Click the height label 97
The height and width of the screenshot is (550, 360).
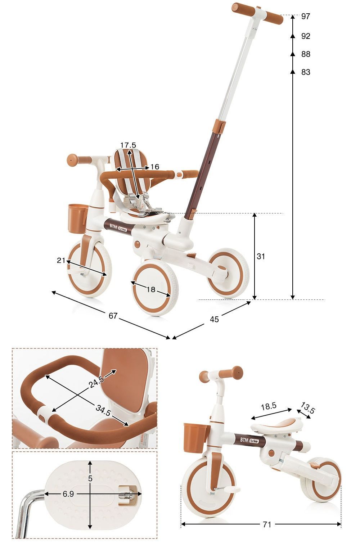tap(306, 16)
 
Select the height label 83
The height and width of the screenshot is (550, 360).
tap(306, 72)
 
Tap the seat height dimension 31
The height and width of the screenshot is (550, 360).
tap(261, 256)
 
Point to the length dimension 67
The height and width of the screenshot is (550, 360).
tap(113, 316)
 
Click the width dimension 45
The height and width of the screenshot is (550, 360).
tap(214, 319)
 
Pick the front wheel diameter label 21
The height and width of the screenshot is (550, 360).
tap(61, 260)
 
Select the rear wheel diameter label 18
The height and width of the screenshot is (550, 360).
tap(151, 289)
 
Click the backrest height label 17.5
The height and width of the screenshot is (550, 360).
tap(128, 145)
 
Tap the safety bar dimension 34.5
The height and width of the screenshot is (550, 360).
tap(103, 411)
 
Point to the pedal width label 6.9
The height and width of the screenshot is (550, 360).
tap(68, 494)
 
